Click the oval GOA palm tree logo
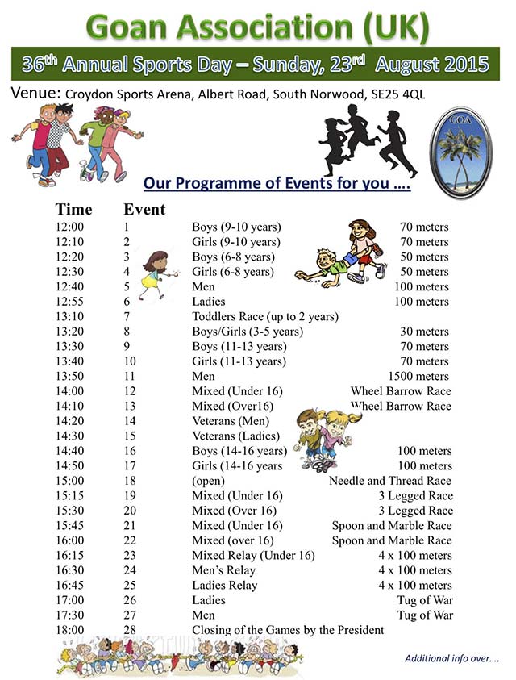click(460, 152)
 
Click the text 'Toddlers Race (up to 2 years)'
click(264, 317)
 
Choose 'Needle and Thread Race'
click(390, 481)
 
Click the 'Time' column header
click(73, 210)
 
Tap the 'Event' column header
click(144, 210)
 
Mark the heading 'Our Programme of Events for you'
click(277, 183)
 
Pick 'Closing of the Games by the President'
click(288, 630)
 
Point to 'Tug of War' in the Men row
click(426, 615)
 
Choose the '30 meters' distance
click(425, 332)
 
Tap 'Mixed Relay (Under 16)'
click(253, 556)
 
